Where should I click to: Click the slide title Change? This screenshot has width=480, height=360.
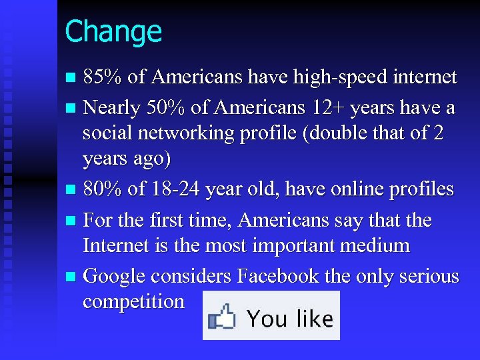click(x=113, y=31)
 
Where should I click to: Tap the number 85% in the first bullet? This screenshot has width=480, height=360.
click(x=102, y=77)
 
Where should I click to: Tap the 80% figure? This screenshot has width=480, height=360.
click(x=102, y=189)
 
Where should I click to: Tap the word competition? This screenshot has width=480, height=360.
click(x=133, y=301)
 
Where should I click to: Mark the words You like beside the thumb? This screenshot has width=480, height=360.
click(x=289, y=318)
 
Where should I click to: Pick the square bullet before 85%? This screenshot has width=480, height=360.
click(x=72, y=78)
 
